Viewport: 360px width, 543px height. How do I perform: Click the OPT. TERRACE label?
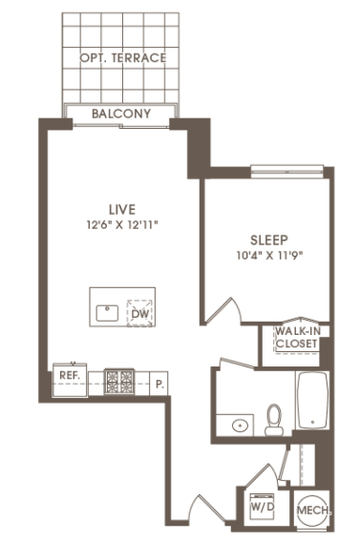coord(123,57)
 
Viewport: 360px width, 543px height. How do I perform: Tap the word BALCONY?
coord(121,114)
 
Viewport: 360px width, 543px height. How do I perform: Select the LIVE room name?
coord(122,210)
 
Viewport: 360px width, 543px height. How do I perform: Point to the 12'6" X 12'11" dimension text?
coord(122,225)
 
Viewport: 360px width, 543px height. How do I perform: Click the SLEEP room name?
coord(269,240)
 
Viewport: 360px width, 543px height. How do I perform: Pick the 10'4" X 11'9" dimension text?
coord(269,256)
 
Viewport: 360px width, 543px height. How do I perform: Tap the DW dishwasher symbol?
coord(140,313)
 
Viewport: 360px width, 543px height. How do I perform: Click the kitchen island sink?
coord(107,313)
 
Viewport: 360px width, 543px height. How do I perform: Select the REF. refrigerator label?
coord(70,375)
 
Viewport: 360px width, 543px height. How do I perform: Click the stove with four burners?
coord(119,382)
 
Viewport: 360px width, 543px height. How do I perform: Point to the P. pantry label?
coord(159,384)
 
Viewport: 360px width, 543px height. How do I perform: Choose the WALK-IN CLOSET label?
coord(297,337)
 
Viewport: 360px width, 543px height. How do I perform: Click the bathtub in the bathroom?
coord(312,400)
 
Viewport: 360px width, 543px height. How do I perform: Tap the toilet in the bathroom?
coord(274,420)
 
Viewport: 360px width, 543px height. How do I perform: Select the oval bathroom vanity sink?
coord(240,425)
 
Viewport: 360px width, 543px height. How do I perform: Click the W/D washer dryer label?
coord(263,507)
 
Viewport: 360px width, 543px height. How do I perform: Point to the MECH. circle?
coord(312,511)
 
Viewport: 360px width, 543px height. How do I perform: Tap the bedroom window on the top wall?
coord(286,172)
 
